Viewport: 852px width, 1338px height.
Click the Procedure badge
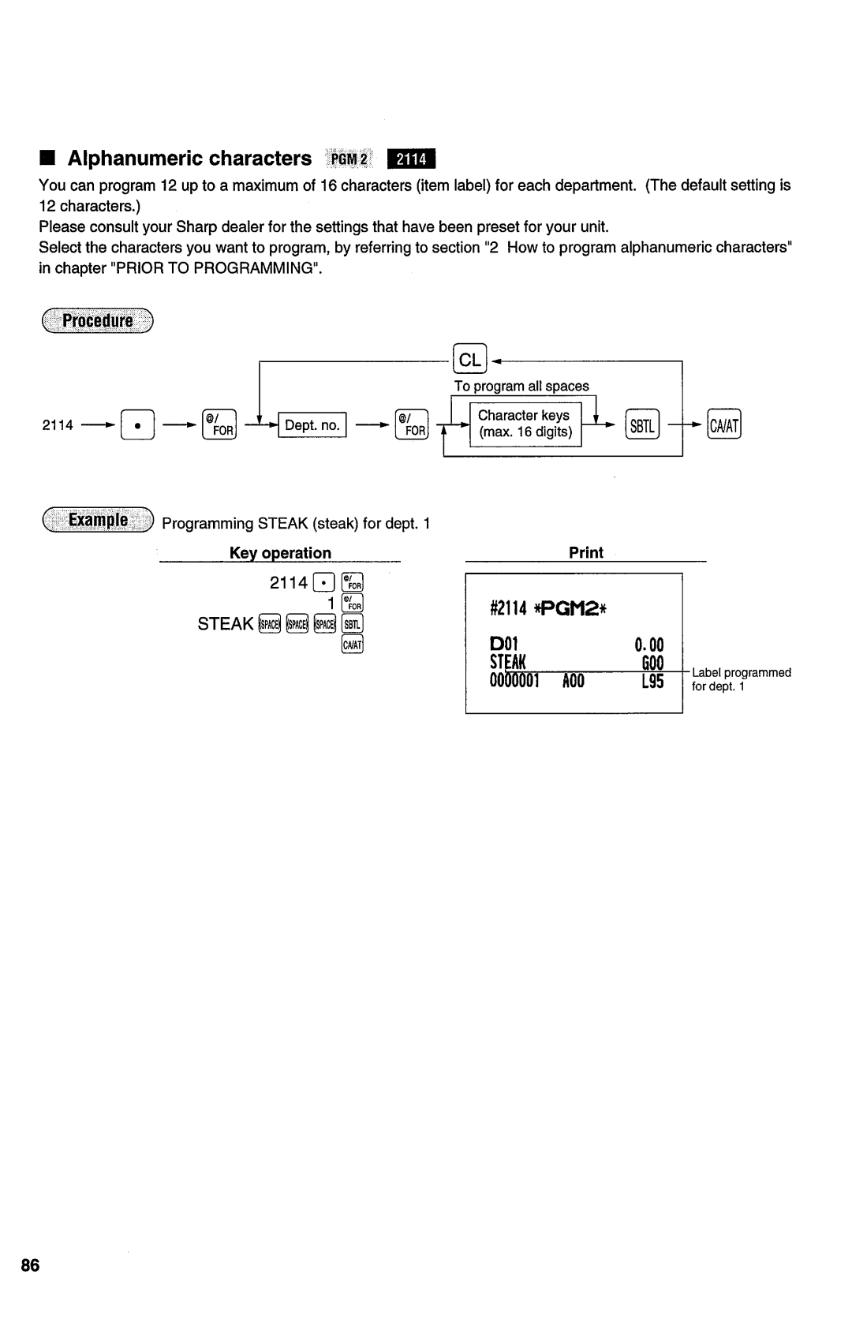click(98, 321)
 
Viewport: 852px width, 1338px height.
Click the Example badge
click(98, 521)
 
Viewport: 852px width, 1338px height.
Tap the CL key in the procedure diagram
click(470, 360)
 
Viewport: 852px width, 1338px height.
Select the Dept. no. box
click(312, 425)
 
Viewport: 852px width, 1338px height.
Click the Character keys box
click(525, 424)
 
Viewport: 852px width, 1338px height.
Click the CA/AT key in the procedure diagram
click(724, 426)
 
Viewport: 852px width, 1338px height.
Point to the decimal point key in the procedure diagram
click(136, 426)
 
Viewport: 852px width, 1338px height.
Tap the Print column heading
click(585, 552)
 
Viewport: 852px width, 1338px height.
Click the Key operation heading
click(280, 552)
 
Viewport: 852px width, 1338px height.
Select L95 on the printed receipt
click(652, 681)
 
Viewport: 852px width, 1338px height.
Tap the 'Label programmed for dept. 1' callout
click(741, 679)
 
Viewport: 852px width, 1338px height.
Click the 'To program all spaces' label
click(521, 386)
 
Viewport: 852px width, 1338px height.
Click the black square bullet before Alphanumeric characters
click(49, 159)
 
